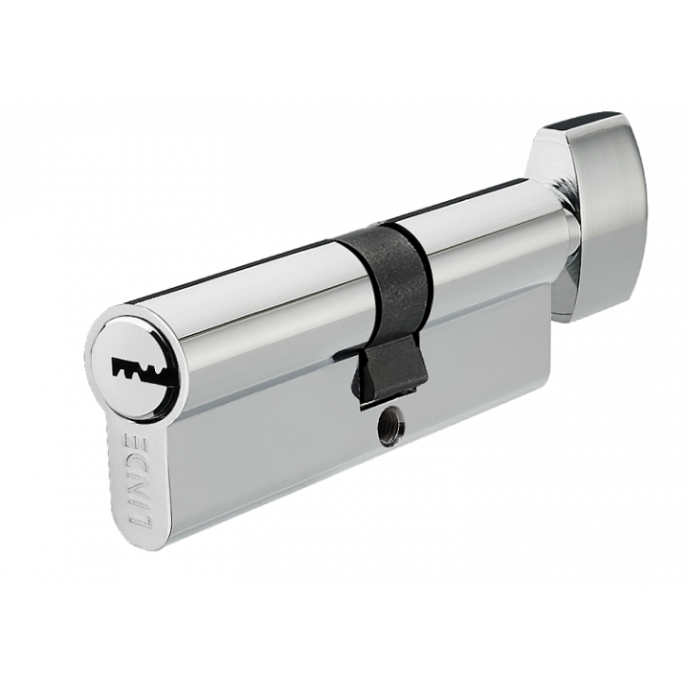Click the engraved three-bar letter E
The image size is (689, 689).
point(132,447)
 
